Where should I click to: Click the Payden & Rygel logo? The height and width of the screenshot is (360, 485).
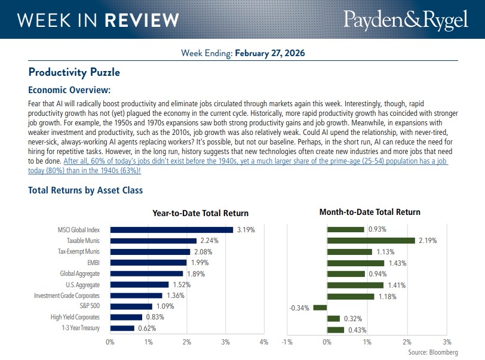(405, 19)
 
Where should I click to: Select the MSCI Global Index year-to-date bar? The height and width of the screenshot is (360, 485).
(171, 229)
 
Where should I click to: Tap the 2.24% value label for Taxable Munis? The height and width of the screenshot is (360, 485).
(210, 241)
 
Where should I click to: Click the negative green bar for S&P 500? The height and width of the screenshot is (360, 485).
(320, 307)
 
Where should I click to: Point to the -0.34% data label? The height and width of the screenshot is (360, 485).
(300, 307)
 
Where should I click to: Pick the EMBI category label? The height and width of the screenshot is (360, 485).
(92, 263)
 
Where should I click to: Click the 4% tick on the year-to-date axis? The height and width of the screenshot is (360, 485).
(263, 342)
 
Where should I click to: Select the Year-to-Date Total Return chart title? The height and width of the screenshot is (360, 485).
(200, 213)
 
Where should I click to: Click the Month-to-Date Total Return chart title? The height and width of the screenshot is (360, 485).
(370, 212)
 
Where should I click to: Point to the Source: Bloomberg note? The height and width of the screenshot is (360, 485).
(433, 352)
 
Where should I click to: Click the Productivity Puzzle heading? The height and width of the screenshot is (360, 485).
(74, 72)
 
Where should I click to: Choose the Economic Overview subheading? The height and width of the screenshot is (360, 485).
(69, 90)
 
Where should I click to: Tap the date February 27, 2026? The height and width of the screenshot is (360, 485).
(270, 53)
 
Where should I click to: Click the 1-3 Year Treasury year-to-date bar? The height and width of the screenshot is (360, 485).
(122, 328)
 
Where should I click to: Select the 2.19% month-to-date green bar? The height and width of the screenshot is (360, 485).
(370, 241)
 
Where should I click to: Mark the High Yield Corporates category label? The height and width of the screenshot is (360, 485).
(75, 317)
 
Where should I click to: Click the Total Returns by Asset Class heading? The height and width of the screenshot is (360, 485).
(85, 190)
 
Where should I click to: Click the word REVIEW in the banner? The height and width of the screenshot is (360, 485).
(141, 20)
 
